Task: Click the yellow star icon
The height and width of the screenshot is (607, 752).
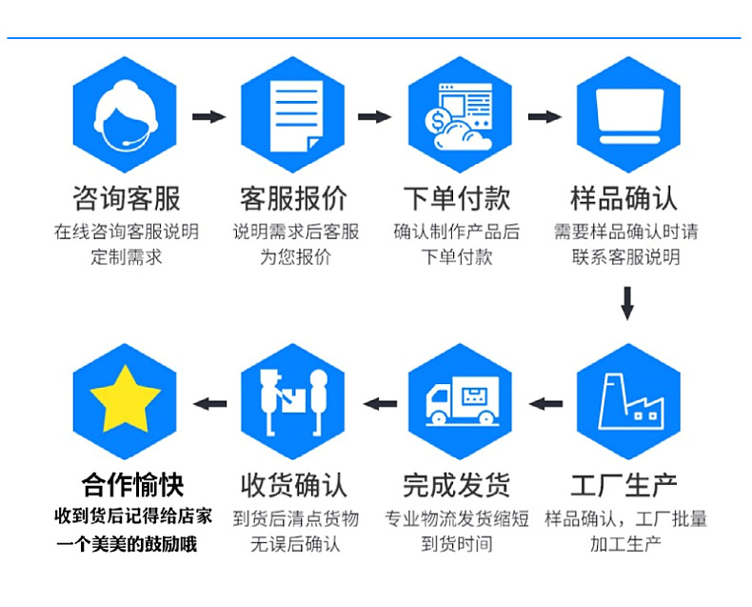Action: pyautogui.click(x=125, y=401)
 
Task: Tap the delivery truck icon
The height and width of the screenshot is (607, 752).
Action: pyautogui.click(x=461, y=401)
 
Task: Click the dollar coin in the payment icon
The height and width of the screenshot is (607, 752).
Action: pyautogui.click(x=439, y=122)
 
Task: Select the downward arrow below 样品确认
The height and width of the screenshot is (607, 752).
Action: pyautogui.click(x=627, y=302)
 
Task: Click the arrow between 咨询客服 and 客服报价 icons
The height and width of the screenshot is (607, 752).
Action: pyautogui.click(x=209, y=116)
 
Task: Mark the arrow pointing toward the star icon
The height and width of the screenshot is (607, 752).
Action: pyautogui.click(x=209, y=403)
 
